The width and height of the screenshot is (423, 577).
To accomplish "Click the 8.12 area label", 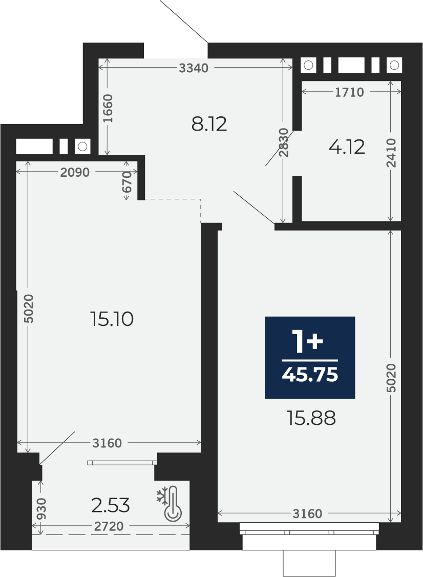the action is click(x=209, y=125).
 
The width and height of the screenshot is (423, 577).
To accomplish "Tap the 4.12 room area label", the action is click(x=347, y=147).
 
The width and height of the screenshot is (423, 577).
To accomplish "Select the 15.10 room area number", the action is click(x=112, y=319).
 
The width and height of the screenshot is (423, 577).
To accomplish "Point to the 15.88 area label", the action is click(x=311, y=418).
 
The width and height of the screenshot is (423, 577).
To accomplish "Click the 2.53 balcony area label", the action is click(x=110, y=506).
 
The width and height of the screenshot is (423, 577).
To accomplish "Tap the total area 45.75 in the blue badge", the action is click(x=310, y=375).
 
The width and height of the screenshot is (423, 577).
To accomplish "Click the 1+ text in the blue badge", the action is click(x=307, y=342).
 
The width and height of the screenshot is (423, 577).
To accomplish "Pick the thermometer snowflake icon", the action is click(x=169, y=504).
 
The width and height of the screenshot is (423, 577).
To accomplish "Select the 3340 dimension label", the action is click(x=194, y=68).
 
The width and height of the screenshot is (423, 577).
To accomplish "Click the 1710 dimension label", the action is click(x=349, y=92).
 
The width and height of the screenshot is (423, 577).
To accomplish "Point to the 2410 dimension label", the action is click(x=392, y=153).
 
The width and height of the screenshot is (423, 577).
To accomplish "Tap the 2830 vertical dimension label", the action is click(x=283, y=142).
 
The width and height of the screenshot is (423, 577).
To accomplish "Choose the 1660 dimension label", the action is click(x=108, y=109).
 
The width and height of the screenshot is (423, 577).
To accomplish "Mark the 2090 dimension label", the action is click(x=75, y=172).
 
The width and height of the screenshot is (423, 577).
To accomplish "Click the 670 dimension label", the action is click(x=126, y=182).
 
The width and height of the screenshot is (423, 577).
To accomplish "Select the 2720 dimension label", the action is click(x=109, y=527).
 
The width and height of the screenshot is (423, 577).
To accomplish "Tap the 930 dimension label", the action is click(x=43, y=508).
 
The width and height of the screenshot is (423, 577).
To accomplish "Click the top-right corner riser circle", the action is click(x=394, y=66).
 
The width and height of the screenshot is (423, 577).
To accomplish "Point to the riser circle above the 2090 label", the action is click(x=82, y=147).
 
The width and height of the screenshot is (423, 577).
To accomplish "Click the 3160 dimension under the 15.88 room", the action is click(x=307, y=513).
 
